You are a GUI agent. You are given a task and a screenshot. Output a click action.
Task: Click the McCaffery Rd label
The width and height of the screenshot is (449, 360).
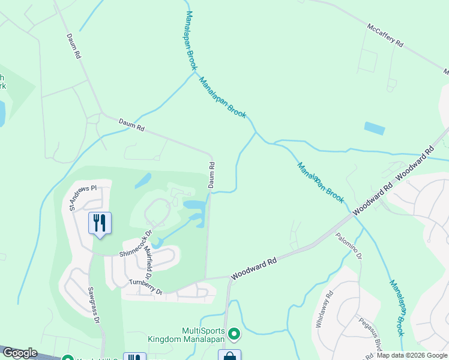click(385, 36)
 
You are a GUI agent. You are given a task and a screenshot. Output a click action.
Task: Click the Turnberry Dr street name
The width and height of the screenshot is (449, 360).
click(146, 286)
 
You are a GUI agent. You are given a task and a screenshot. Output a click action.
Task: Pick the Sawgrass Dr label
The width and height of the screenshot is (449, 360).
click(92, 305)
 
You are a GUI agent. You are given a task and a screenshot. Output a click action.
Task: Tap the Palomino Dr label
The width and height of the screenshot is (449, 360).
click(349, 246)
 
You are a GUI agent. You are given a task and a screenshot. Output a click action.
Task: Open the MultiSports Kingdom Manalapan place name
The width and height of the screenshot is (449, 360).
click(186, 335)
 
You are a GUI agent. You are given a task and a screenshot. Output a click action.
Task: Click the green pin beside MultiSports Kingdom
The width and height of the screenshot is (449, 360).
click(234, 332)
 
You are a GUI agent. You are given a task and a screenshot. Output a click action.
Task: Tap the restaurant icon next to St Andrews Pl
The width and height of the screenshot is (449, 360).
click(99, 223)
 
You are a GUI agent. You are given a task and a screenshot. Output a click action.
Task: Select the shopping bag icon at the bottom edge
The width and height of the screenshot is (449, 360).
click(229, 356)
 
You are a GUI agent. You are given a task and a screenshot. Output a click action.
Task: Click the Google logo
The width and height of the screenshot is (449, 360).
click(19, 353)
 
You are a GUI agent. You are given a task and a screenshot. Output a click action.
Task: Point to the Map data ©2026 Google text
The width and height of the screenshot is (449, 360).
click(412, 355)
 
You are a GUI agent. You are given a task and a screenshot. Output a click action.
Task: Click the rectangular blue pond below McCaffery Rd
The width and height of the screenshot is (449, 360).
click(374, 128)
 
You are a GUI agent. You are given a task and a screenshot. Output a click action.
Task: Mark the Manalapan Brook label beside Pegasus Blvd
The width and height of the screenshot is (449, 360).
click(397, 308)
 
